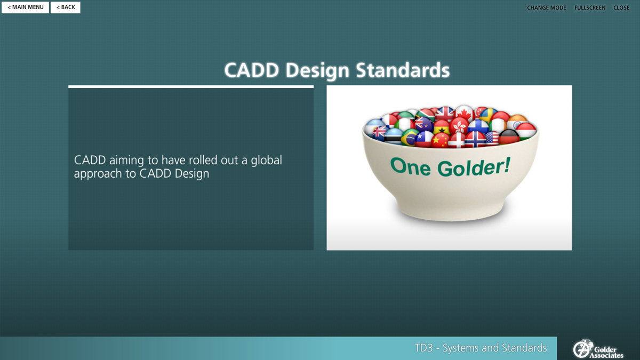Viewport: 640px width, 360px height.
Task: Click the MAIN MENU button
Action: click(25, 7)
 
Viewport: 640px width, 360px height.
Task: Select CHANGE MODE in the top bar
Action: click(546, 7)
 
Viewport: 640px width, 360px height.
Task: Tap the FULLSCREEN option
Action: click(590, 7)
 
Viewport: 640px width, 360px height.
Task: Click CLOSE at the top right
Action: click(621, 7)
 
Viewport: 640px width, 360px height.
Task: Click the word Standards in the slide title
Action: click(403, 70)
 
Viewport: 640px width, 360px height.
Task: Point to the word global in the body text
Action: click(266, 161)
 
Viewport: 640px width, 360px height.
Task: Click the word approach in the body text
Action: click(98, 174)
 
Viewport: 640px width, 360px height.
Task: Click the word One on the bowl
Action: click(410, 166)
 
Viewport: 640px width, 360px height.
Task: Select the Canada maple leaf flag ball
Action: click(465, 113)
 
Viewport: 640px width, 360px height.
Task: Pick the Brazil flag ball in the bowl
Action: click(410, 137)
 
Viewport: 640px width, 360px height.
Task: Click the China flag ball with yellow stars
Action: click(440, 140)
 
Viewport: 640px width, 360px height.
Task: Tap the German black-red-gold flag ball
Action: click(509, 137)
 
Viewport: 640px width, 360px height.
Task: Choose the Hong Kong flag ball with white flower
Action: click(459, 126)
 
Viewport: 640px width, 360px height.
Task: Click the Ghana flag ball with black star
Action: click(442, 127)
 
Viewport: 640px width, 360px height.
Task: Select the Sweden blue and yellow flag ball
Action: click(488, 115)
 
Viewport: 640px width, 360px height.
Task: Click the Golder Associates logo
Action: click(598, 349)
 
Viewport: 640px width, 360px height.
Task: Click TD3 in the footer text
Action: click(423, 348)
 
